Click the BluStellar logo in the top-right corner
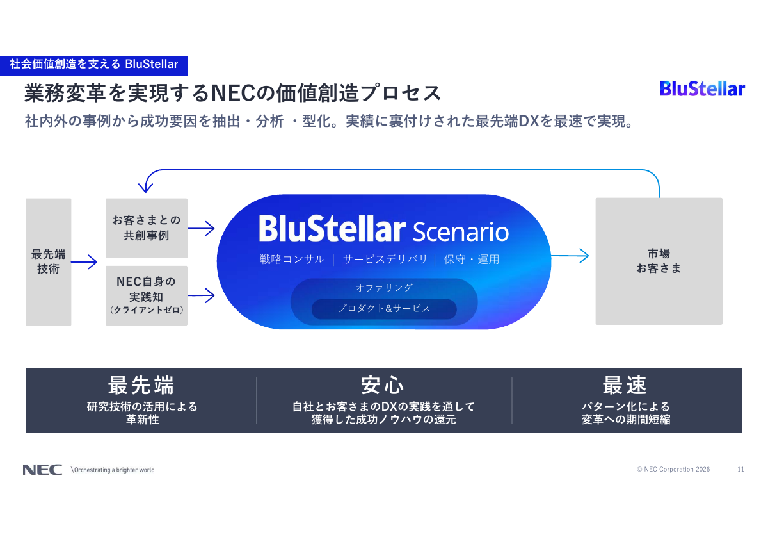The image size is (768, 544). (x=702, y=89)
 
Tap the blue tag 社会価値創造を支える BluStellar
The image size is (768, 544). (x=93, y=64)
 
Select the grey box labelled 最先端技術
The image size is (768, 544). (x=48, y=261)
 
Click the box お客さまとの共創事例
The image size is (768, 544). (x=147, y=227)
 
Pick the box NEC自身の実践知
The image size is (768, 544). (x=147, y=295)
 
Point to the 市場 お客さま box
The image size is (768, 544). (x=659, y=261)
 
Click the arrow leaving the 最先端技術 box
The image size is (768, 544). (x=84, y=261)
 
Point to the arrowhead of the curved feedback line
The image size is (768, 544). (x=147, y=187)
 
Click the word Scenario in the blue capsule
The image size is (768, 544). (x=461, y=231)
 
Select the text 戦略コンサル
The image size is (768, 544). (x=292, y=260)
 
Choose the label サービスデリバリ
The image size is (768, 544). (x=385, y=260)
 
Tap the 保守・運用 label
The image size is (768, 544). (x=472, y=260)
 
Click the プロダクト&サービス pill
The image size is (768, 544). (x=384, y=309)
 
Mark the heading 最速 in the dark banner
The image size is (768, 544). (x=625, y=385)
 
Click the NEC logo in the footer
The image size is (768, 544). (x=42, y=470)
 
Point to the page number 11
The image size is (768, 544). (x=740, y=470)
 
